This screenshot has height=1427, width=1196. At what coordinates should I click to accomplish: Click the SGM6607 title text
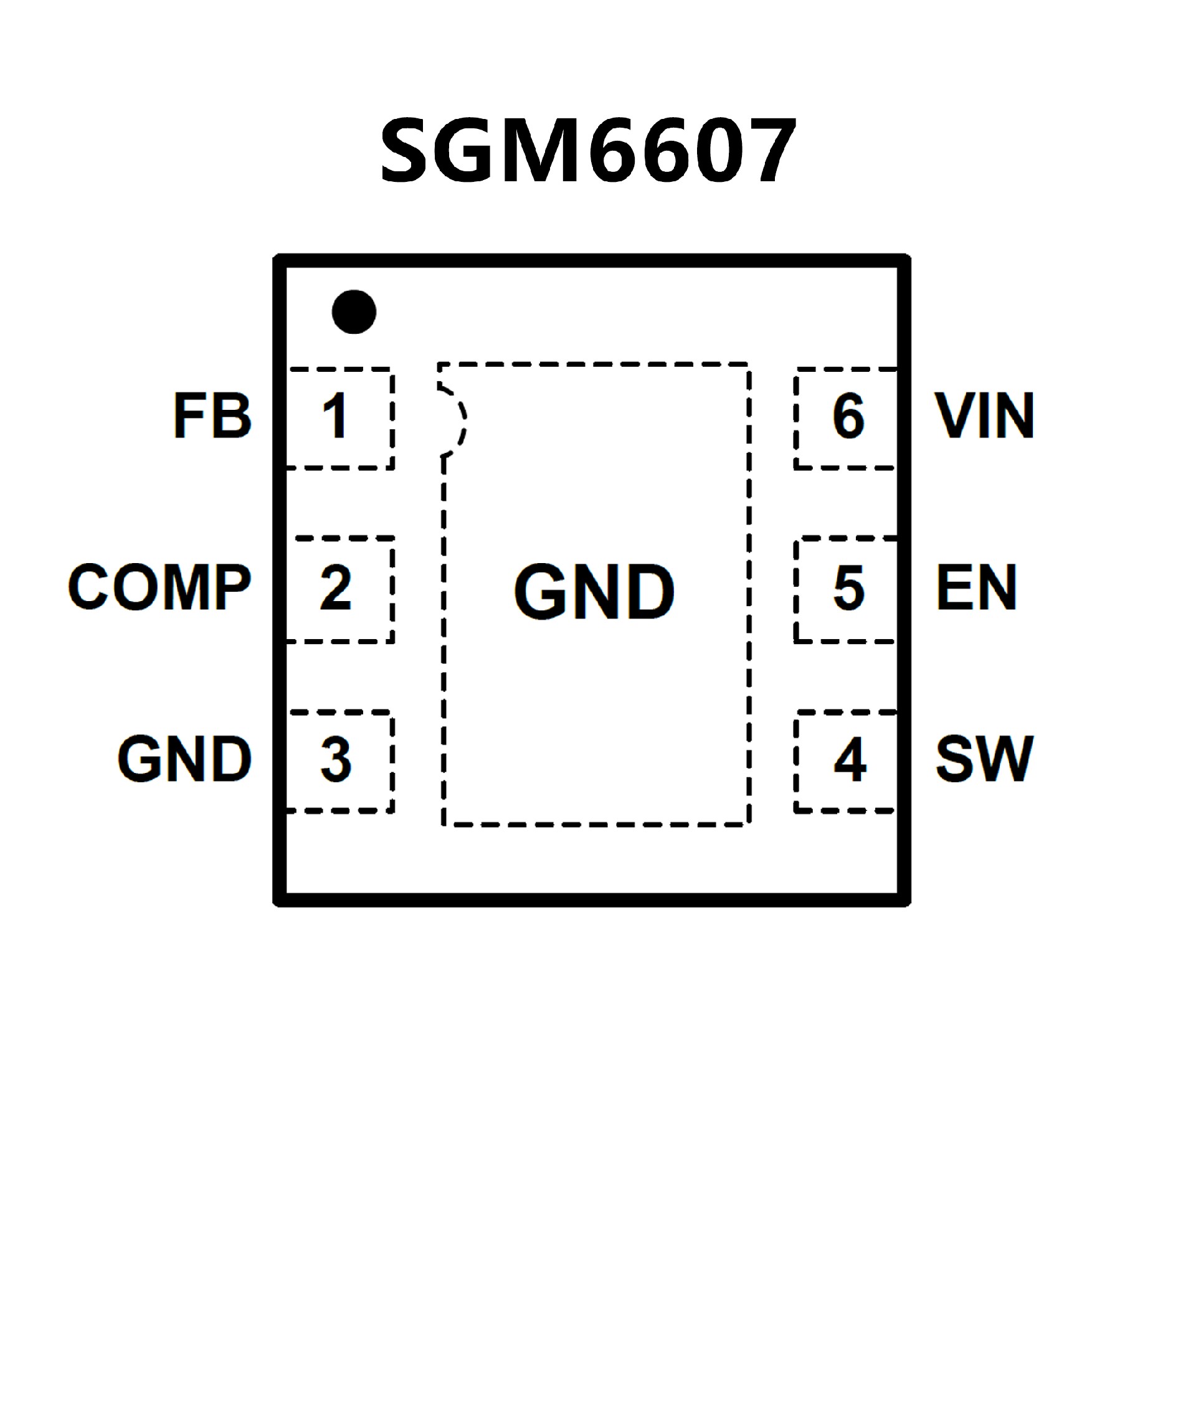pyautogui.click(x=589, y=150)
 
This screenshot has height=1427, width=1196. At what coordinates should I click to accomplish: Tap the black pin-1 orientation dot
pyautogui.click(x=354, y=312)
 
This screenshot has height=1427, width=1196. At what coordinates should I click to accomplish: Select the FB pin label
pyautogui.click(x=212, y=415)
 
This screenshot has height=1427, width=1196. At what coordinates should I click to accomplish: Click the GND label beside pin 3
pyautogui.click(x=185, y=759)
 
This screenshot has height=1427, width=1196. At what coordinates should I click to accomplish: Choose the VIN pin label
pyautogui.click(x=985, y=415)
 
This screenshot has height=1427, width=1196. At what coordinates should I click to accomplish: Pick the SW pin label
pyautogui.click(x=984, y=759)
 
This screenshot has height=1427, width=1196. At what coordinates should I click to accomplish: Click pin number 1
pyautogui.click(x=336, y=416)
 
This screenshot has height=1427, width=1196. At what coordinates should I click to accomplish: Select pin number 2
pyautogui.click(x=336, y=587)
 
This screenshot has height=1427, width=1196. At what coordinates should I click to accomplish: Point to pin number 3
pyautogui.click(x=336, y=759)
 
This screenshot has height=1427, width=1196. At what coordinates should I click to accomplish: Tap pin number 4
pyautogui.click(x=850, y=759)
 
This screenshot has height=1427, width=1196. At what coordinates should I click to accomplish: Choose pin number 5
pyautogui.click(x=849, y=587)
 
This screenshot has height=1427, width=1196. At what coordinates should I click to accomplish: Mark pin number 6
pyautogui.click(x=849, y=416)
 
